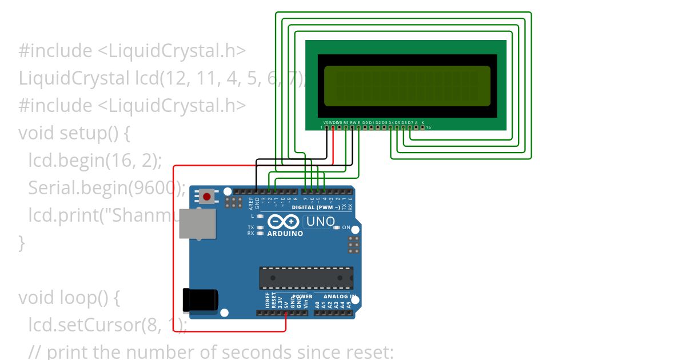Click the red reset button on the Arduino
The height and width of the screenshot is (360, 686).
coord(206,197)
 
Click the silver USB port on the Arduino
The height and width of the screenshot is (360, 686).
coord(198,223)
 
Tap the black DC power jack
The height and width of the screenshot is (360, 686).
coord(200,300)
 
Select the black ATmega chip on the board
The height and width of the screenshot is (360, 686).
coord(306,278)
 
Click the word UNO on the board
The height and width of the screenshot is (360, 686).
coord(320,222)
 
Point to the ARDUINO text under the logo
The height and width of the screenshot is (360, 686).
coord(285,233)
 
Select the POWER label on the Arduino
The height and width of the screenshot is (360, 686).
coord(302,296)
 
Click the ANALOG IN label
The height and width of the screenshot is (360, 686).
coord(340,296)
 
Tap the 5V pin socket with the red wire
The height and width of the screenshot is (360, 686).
coord(285,313)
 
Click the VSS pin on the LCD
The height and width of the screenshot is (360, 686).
coord(326,127)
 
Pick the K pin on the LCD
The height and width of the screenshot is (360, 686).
coord(422,127)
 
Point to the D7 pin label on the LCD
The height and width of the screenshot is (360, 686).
coord(410,122)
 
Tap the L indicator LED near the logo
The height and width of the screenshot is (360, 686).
coord(260,216)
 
